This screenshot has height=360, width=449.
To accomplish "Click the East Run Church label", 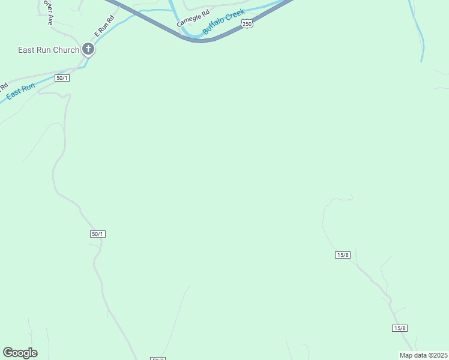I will point(48,50).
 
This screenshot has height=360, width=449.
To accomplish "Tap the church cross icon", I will point(88,49).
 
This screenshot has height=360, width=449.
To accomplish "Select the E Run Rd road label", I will point(104,28).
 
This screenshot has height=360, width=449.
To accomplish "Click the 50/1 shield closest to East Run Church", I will point(62,78).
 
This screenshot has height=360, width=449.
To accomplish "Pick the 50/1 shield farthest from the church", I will point(98,233).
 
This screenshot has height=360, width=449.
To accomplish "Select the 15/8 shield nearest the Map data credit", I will point(400,328).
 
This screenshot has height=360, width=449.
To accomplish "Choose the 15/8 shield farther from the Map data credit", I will point(342,255).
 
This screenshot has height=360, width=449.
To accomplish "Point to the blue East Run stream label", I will point(21,91).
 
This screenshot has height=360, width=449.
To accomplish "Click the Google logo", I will point(20,353).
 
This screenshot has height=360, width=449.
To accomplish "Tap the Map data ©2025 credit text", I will point(423,355).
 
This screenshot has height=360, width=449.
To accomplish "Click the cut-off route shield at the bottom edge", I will point(157,358).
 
